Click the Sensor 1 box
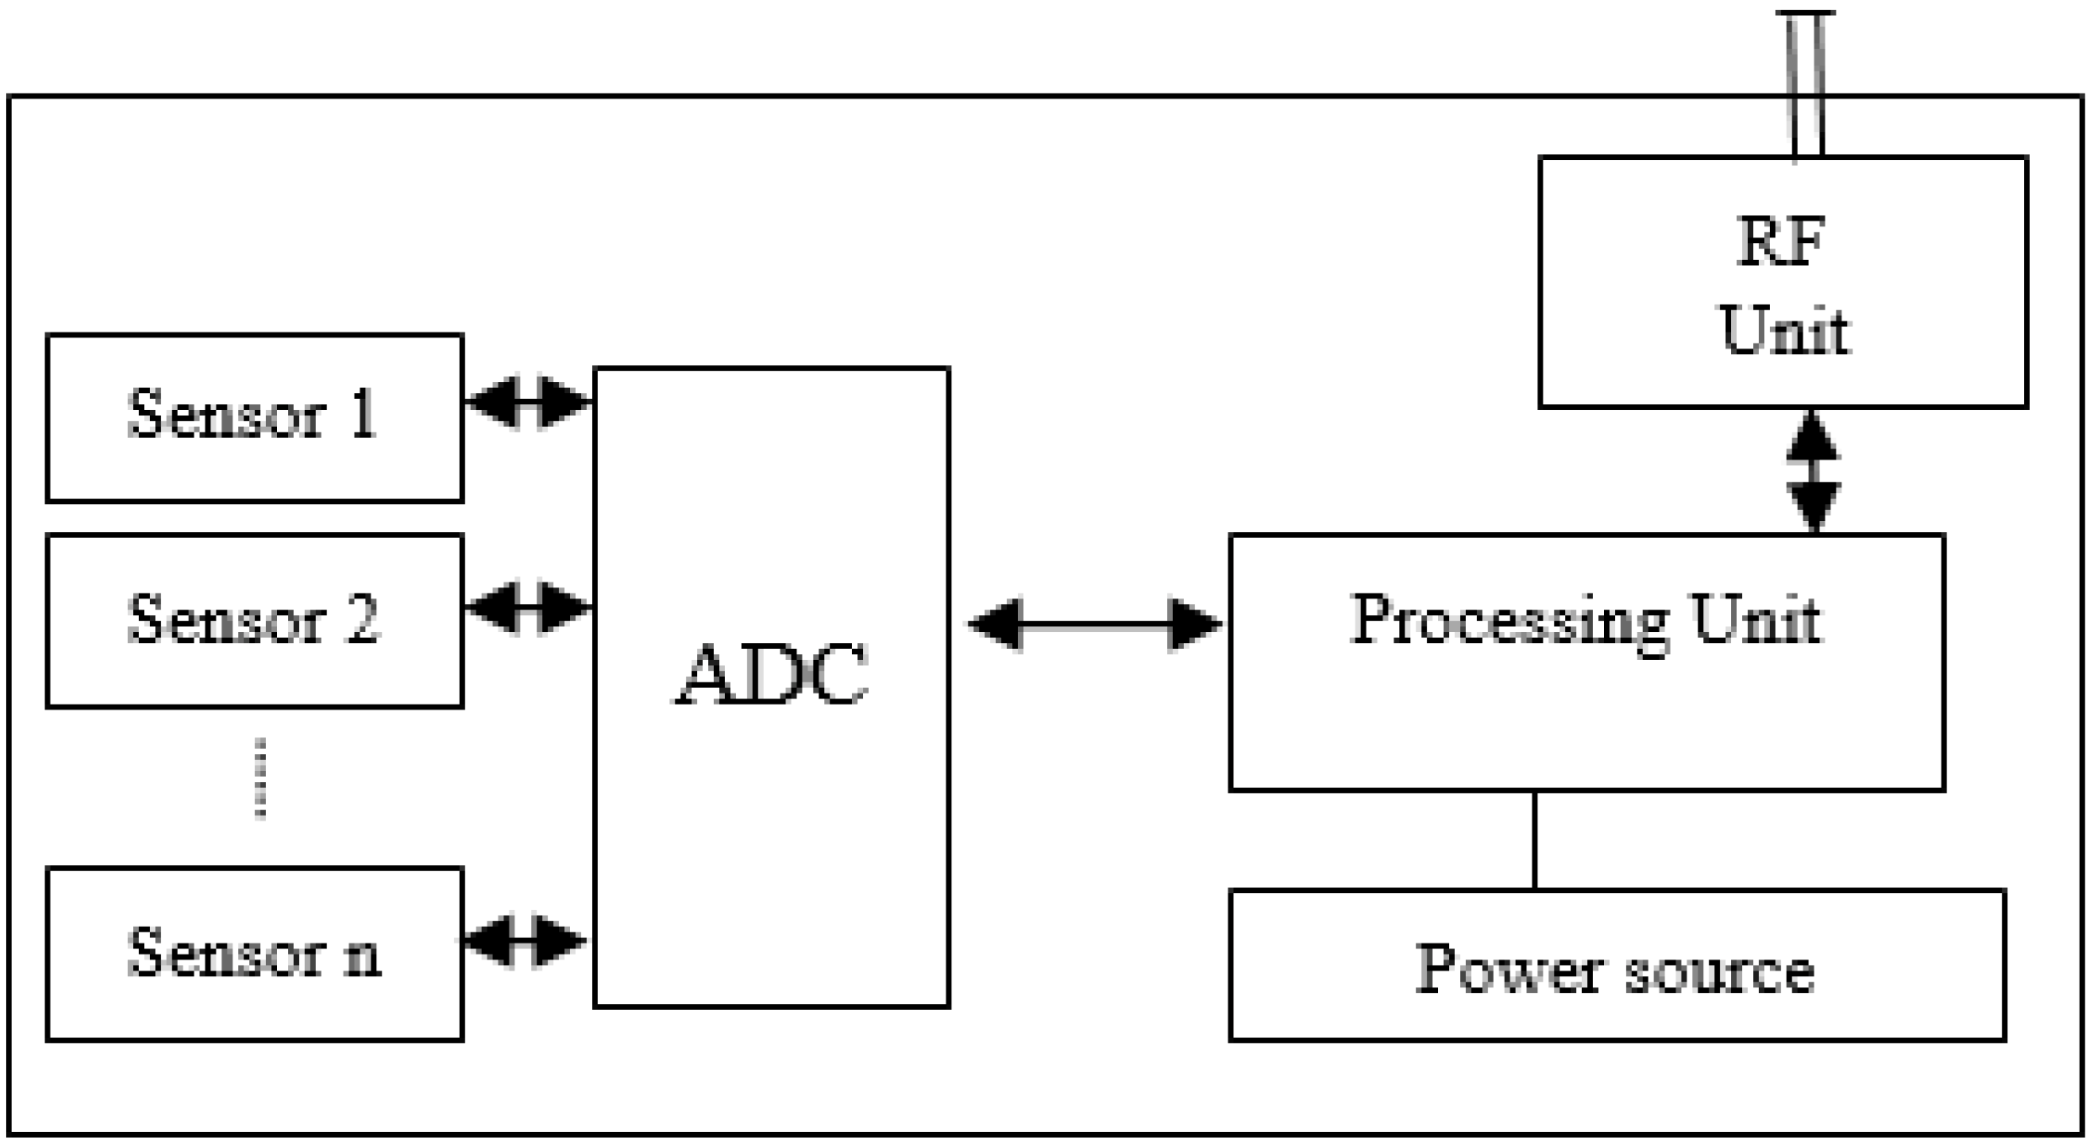click(254, 417)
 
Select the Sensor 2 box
click(254, 620)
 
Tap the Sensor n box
click(254, 954)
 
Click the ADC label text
click(771, 674)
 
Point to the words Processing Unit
click(1586, 621)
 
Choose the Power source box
click(1617, 965)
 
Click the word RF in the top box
click(1782, 242)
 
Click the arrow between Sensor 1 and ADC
click(528, 402)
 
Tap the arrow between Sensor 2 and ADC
click(528, 607)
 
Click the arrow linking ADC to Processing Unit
click(1095, 625)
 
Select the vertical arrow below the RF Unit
click(1813, 471)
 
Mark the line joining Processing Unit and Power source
click(1534, 839)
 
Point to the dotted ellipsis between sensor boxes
click(260, 779)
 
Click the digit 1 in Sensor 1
click(364, 414)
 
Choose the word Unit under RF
click(1783, 330)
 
